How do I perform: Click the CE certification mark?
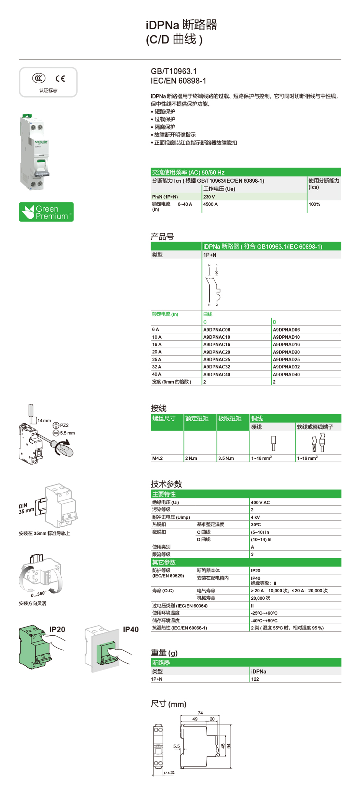(x=60, y=78)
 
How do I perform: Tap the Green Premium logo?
(x=46, y=212)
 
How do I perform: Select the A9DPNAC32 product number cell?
(x=217, y=367)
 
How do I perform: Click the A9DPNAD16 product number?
(x=286, y=345)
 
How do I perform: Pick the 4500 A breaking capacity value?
(x=210, y=204)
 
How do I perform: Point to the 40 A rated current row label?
(x=157, y=374)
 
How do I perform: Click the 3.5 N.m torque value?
(x=226, y=458)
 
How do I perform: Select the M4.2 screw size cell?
(x=157, y=458)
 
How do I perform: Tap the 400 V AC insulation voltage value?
(x=260, y=502)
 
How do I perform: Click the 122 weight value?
(x=255, y=679)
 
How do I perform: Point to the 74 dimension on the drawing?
(x=200, y=713)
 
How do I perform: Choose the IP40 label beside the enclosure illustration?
(x=131, y=629)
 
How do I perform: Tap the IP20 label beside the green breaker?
(x=57, y=629)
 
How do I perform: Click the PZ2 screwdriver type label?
(x=64, y=425)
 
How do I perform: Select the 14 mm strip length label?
(x=44, y=421)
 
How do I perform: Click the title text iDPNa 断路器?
(x=181, y=25)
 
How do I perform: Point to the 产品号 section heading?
(x=162, y=237)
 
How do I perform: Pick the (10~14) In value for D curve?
(x=261, y=540)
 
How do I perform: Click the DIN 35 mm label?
(x=26, y=508)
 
